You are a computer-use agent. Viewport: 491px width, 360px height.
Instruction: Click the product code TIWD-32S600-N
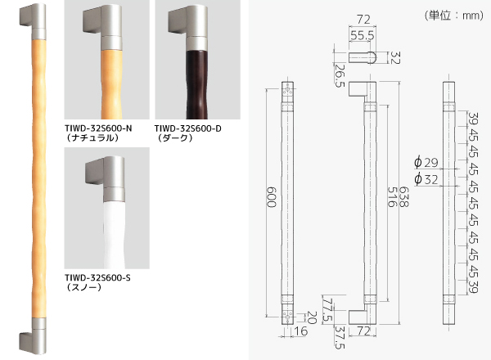pyautogui.click(x=98, y=128)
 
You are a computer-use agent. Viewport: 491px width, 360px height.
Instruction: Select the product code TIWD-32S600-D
pyautogui.click(x=188, y=128)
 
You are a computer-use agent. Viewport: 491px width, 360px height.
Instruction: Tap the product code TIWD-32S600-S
pyautogui.click(x=97, y=277)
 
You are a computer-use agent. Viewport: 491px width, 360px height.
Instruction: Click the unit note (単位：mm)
pyautogui.click(x=454, y=15)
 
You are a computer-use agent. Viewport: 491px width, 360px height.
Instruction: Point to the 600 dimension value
pyautogui.click(x=272, y=197)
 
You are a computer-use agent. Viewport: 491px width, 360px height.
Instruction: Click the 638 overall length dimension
pyautogui.click(x=404, y=197)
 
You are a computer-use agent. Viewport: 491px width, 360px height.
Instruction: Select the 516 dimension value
pyautogui.click(x=392, y=197)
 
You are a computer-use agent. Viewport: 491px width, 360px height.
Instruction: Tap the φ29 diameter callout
pyautogui.click(x=426, y=163)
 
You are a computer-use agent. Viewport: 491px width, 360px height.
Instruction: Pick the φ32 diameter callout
pyautogui.click(x=426, y=179)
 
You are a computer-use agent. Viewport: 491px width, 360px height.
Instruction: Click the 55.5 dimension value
pyautogui.click(x=363, y=36)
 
